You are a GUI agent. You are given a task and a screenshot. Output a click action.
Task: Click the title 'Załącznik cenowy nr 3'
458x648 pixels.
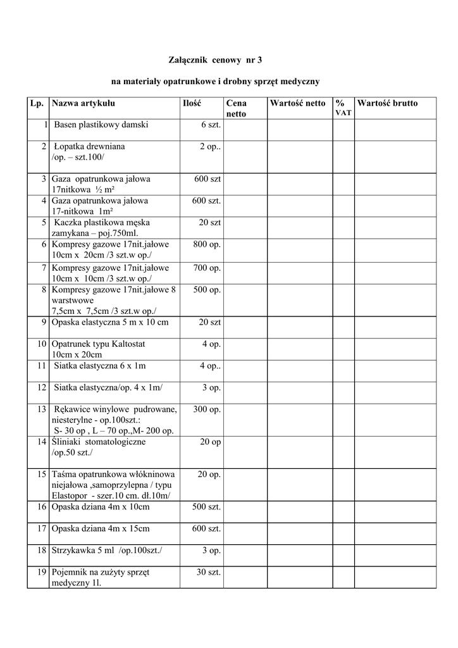tap(215, 60)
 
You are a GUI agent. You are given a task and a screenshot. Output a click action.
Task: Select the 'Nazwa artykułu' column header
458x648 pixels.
tap(84, 103)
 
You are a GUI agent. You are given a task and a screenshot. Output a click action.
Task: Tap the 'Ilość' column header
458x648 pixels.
tap(192, 103)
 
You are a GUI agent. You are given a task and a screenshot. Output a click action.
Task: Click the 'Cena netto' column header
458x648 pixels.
tap(237, 108)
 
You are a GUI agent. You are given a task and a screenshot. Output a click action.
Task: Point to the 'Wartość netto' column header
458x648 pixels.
tap(297, 103)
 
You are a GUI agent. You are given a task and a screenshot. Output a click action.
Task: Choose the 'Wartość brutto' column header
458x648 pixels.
tap(387, 103)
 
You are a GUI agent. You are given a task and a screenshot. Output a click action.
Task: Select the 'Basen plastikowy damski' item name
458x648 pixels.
tap(101, 125)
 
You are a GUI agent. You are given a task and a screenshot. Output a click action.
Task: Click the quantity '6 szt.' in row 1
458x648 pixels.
tap(211, 125)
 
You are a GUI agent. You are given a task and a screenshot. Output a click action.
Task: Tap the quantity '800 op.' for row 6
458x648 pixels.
tap(207, 244)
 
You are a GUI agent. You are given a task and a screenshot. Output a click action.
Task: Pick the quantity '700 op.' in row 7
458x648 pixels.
tap(207, 268)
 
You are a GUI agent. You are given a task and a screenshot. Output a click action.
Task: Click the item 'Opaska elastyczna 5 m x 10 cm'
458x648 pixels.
tap(110, 322)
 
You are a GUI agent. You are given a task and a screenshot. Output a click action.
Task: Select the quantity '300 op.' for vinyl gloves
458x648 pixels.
tap(207, 409)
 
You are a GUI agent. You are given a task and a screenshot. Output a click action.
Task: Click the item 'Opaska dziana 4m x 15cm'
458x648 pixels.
tap(101, 528)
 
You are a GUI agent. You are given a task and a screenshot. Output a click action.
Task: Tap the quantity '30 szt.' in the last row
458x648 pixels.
tap(208, 572)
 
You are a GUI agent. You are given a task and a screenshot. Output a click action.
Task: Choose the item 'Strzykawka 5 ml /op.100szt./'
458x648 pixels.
tap(106, 551)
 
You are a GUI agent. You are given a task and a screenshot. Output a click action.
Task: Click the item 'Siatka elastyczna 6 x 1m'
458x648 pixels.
tap(100, 366)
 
